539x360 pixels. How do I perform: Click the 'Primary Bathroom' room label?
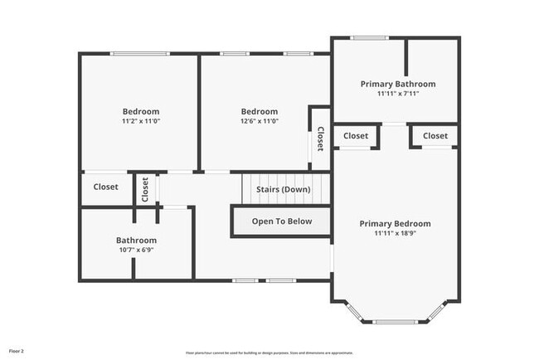[x=397, y=84]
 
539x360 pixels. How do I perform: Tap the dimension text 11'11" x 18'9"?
[x=395, y=234]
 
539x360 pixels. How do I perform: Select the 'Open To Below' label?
[x=282, y=221]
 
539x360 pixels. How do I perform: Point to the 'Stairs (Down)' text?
[x=283, y=189]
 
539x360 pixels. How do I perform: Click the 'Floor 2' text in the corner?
[x=17, y=350]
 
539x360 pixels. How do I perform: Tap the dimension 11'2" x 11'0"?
[x=141, y=121]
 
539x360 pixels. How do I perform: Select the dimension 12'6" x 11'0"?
[x=259, y=121]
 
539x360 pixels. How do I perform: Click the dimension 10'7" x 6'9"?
[x=136, y=250]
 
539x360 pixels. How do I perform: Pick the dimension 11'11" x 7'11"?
[x=397, y=94]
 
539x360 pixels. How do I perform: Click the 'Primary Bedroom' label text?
[x=395, y=223]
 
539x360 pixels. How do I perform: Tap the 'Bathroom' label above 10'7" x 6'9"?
[x=136, y=240]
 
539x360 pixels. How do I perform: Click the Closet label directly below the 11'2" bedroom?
[x=105, y=187]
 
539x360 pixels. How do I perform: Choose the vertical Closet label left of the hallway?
[x=144, y=189]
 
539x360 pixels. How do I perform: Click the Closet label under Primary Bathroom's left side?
[x=356, y=135]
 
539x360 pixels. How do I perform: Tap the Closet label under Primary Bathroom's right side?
[x=435, y=135]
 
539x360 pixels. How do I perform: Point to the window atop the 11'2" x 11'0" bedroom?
[x=137, y=54]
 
